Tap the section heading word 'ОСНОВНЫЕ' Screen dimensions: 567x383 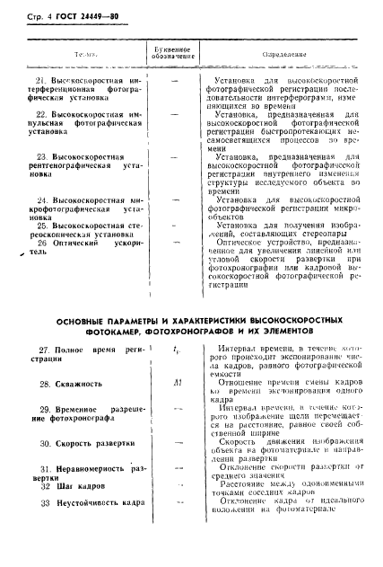click(85, 322)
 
